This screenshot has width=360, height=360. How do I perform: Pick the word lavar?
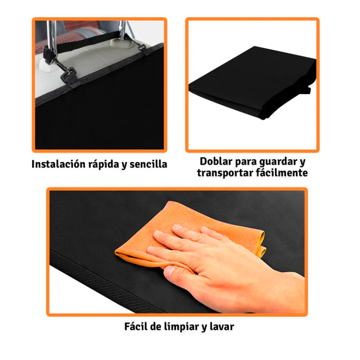(x=221, y=327)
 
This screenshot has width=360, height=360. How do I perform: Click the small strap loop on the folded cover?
(x=308, y=90)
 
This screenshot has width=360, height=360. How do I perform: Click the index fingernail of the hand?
(x=158, y=234)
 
